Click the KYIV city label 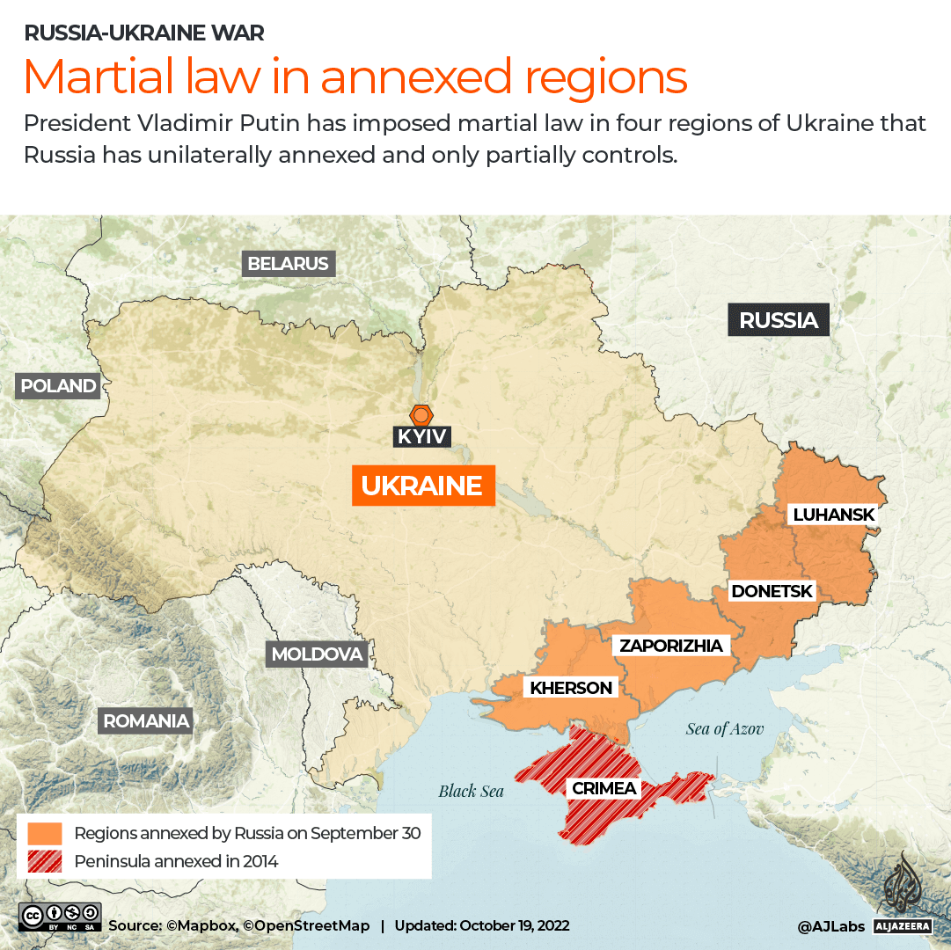click(x=422, y=435)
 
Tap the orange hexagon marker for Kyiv click(x=422, y=414)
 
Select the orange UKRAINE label click(x=423, y=486)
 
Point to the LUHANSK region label click(x=833, y=515)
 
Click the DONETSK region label click(x=772, y=591)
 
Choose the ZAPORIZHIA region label click(x=671, y=646)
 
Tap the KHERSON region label click(x=571, y=688)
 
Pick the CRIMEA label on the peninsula click(x=604, y=788)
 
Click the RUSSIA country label click(x=779, y=321)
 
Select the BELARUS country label click(x=288, y=263)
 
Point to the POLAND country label click(x=58, y=385)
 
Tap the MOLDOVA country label click(x=317, y=654)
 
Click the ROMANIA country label click(x=146, y=721)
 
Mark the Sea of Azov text click(x=725, y=728)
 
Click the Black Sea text click(x=472, y=792)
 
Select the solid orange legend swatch click(x=45, y=833)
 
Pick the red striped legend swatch click(x=45, y=861)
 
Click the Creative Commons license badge click(x=59, y=917)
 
